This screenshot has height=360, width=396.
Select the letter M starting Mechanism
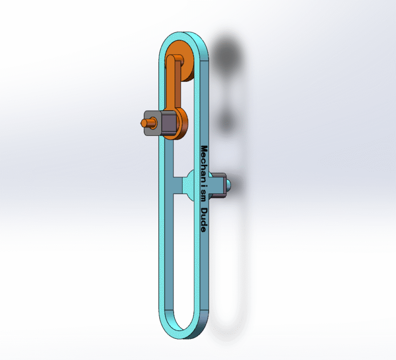point(204,150)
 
